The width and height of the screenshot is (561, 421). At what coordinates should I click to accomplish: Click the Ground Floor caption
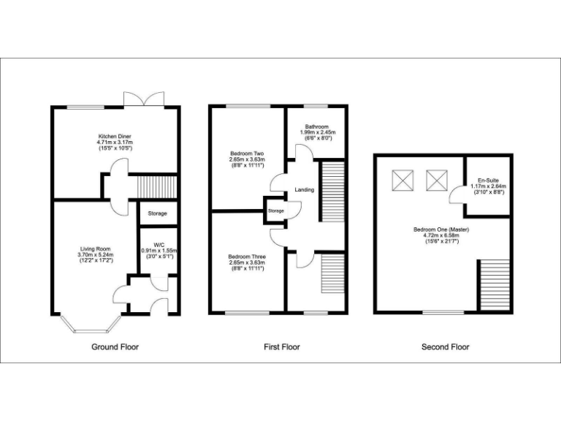115,347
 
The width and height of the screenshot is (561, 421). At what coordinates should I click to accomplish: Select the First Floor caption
281,347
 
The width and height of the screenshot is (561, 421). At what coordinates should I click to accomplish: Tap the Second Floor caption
445,347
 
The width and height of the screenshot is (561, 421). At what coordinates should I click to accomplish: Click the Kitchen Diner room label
115,137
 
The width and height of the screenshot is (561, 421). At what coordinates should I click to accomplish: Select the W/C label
159,244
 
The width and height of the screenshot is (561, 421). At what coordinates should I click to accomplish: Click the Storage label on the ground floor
157,213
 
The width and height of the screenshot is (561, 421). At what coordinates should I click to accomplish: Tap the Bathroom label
317,126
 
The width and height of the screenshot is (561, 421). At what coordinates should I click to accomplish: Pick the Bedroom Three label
246,257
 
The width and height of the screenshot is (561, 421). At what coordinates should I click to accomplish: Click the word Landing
305,190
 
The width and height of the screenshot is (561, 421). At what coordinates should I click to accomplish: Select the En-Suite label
488,180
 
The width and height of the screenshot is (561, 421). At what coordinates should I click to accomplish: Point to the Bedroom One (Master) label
445,230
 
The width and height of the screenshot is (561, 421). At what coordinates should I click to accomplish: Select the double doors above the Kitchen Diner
143,99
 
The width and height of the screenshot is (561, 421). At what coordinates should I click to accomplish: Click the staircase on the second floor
492,285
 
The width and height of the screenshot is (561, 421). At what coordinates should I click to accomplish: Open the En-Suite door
458,194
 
